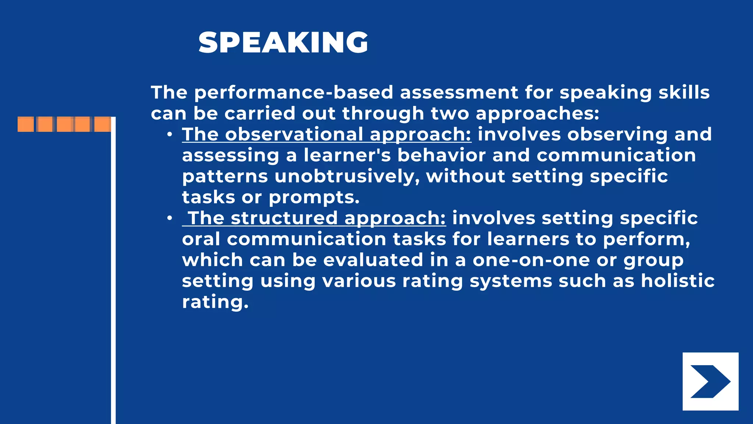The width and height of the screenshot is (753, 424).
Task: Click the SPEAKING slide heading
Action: (x=283, y=43)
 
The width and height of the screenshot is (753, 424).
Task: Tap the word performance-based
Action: (x=293, y=92)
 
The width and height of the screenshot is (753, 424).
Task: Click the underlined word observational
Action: (x=294, y=134)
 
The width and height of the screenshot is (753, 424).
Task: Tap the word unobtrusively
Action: (x=347, y=176)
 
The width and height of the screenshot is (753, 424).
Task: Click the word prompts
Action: (x=314, y=198)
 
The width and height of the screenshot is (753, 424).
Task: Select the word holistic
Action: (x=678, y=281)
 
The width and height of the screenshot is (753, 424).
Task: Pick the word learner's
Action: (x=347, y=155)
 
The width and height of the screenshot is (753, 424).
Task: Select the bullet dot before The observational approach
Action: (x=169, y=135)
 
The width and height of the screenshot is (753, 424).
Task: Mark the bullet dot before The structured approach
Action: (x=169, y=219)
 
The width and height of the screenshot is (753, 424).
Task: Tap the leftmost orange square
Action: (x=26, y=124)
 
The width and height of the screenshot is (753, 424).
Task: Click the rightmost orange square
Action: (x=103, y=124)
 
